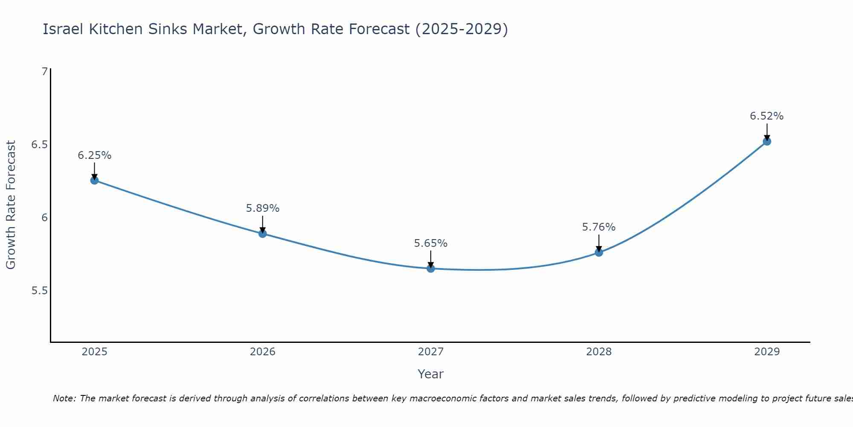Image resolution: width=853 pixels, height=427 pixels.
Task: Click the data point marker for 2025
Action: [x=94, y=180]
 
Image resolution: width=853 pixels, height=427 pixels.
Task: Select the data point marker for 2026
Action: [x=263, y=234]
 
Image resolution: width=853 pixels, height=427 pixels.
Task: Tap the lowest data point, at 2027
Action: [x=431, y=269]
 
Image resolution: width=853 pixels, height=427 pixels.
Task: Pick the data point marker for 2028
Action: [x=599, y=252]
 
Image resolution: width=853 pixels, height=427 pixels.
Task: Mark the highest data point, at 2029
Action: [x=767, y=141]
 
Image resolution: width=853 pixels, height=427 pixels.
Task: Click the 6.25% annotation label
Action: [x=94, y=155]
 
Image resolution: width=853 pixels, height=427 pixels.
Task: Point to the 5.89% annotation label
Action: [x=263, y=208]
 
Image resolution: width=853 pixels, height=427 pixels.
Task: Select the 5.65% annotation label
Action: [x=431, y=243]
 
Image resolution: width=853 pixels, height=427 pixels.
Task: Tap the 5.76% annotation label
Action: [x=599, y=227]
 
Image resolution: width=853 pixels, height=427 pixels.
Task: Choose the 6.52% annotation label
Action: [x=767, y=116]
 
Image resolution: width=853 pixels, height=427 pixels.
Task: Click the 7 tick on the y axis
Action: [x=44, y=72]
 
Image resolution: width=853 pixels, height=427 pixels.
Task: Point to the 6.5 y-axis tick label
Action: [x=39, y=145]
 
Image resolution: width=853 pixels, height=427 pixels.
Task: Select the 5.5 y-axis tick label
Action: [x=39, y=291]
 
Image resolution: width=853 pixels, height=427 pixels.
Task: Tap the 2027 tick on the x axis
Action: [x=431, y=352]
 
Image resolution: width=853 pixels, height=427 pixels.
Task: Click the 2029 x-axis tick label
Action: [x=767, y=352]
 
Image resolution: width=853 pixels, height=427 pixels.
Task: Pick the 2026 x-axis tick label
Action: [x=263, y=352]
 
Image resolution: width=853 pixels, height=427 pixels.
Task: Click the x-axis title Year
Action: [x=431, y=374]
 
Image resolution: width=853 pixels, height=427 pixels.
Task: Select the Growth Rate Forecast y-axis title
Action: [x=11, y=205]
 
